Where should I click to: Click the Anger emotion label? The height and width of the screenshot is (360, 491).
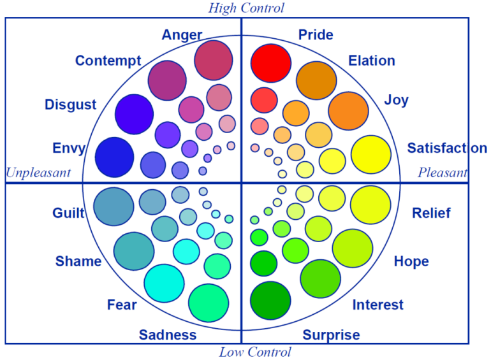coord(182,35)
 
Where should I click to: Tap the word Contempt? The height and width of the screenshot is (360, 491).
coord(108,61)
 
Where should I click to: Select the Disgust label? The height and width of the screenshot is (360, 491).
coord(70,104)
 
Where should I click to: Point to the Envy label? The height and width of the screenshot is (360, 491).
coord(69,148)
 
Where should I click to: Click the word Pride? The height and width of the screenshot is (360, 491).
coord(316,34)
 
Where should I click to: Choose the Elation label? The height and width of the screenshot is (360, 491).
coord(371,61)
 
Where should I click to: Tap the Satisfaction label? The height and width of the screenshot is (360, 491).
coord(447,148)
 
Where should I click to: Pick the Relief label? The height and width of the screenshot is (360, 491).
coord(431,213)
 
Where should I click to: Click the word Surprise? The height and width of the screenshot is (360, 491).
coord(331,335)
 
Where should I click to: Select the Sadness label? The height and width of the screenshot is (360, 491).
coord(168,335)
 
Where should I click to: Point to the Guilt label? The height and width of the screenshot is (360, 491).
coord(69,213)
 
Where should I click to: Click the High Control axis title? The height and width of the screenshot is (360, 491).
coord(246,8)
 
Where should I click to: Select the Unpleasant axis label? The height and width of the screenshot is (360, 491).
coord(38,173)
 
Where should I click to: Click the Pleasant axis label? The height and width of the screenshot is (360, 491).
coord(443,173)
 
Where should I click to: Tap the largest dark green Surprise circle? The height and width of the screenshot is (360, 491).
coord(270,299)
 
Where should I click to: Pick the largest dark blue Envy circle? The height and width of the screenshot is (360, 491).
coord(114,157)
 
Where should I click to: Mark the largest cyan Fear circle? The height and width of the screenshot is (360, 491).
coord(164,282)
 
